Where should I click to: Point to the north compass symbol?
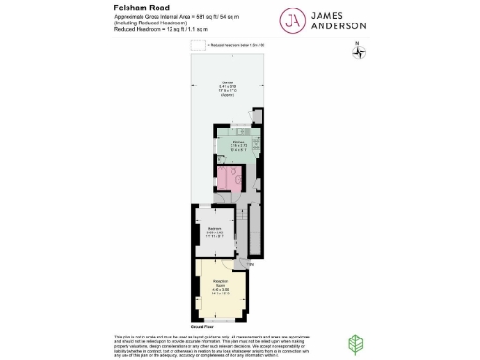(358, 52)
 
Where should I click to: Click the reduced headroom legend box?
(197, 44)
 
